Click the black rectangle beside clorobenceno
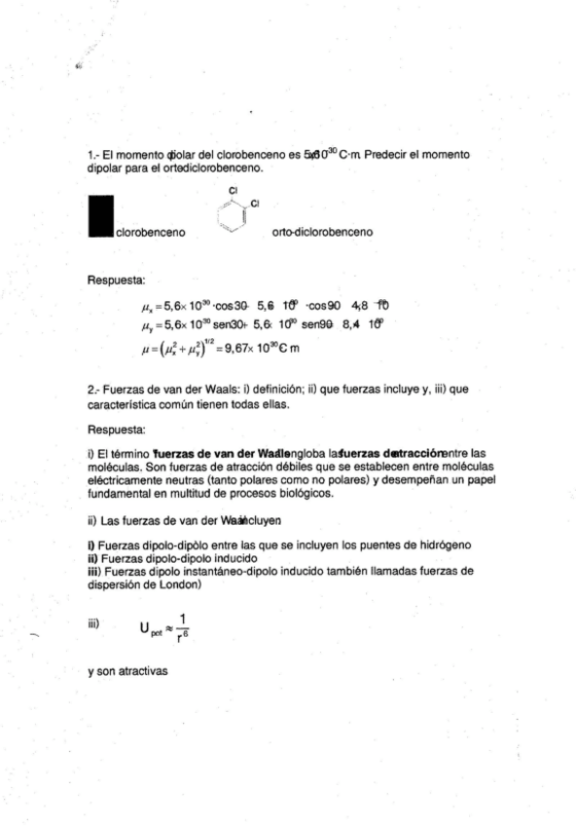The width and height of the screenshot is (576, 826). click(x=100, y=216)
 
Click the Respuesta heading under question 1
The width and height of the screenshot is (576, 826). click(x=116, y=281)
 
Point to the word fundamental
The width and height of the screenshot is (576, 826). click(x=121, y=493)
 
